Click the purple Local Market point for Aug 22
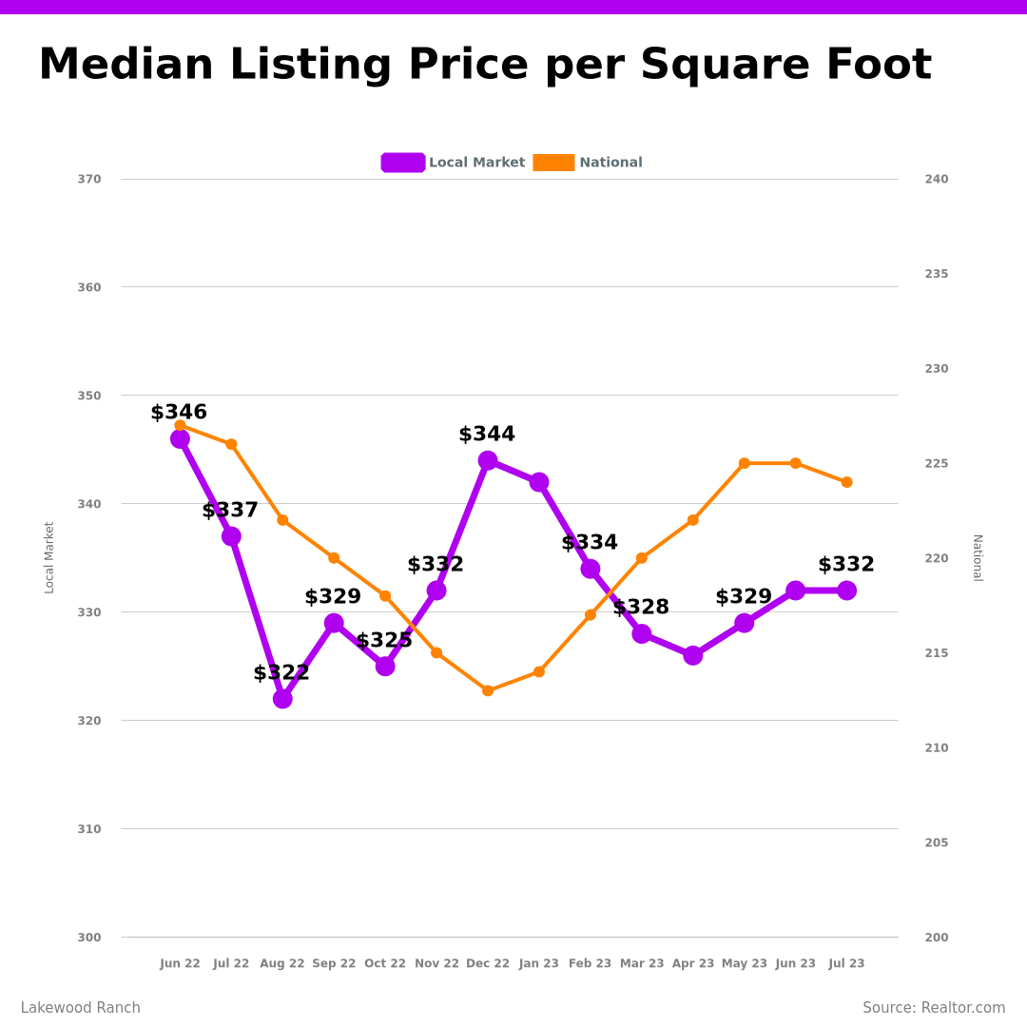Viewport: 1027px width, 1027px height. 282,699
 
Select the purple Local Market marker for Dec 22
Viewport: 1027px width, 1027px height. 488,460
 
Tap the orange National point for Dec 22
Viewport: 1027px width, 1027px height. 488,690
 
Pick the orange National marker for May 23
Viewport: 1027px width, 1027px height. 745,463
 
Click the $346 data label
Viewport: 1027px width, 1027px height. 179,413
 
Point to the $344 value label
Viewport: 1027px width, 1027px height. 487,435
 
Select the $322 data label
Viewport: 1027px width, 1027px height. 281,673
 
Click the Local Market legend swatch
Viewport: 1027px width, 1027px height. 403,163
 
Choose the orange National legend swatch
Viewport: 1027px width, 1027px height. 553,163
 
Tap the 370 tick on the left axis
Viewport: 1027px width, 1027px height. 89,179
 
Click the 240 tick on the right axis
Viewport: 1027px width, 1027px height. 937,179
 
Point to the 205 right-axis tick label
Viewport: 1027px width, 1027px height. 937,843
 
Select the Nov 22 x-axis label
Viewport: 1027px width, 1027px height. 436,963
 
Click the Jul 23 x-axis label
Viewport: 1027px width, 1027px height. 846,963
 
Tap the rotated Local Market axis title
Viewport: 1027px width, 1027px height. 49,557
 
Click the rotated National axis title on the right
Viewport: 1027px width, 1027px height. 977,557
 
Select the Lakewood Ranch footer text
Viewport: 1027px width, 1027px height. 81,1008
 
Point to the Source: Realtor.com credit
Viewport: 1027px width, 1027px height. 934,1008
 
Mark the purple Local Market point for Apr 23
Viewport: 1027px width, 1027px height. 693,655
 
